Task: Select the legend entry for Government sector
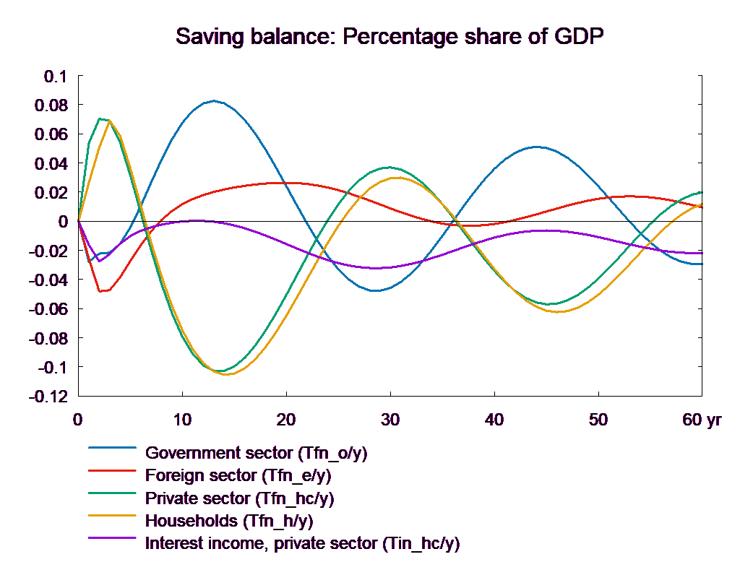257,454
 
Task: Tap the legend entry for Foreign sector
238,476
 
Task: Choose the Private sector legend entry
240,498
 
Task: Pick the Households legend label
230,520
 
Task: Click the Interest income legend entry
302,542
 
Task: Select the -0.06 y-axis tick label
51,309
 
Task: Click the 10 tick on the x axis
182,420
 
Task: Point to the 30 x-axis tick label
390,420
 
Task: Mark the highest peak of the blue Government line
213,100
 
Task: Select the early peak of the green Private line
100,118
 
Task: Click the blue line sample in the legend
112,448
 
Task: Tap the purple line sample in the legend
112,537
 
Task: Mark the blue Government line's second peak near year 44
535,147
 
